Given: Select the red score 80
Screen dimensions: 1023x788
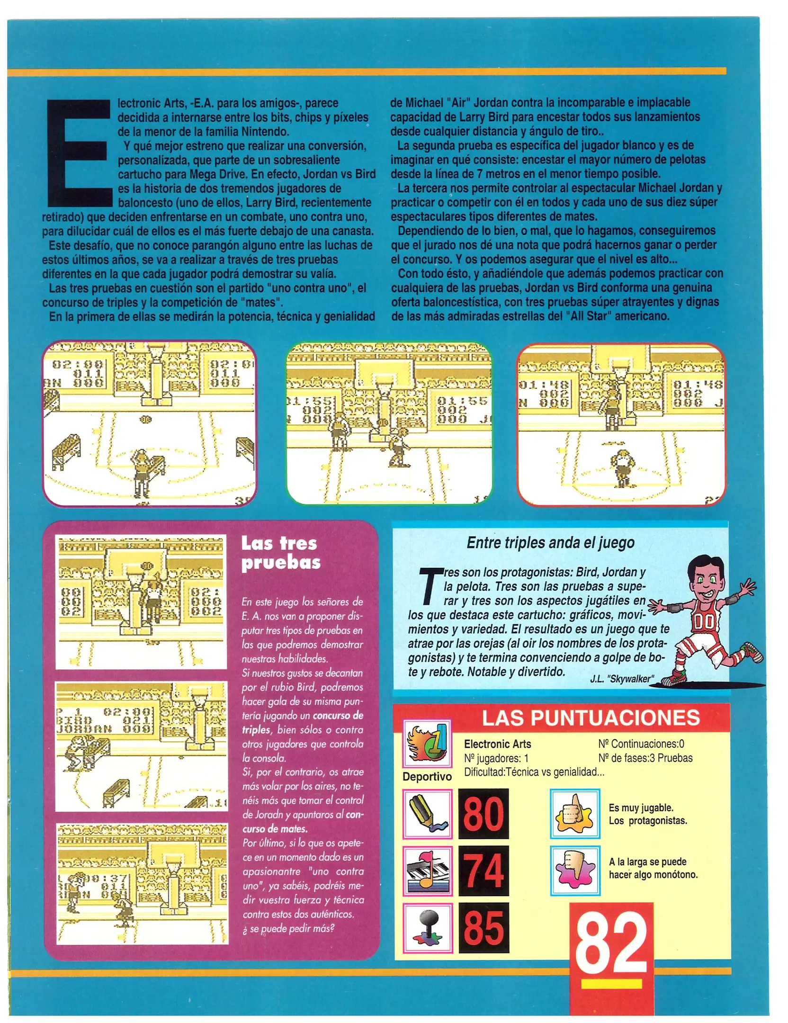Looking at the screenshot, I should pos(483,813).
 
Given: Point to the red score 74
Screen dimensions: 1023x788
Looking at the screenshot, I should pos(483,870).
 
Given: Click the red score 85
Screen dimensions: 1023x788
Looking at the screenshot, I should pos(483,927).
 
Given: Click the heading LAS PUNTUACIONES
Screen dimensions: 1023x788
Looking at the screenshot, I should pos(591,718).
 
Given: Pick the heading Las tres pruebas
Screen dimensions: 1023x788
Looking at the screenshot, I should pos(280,552).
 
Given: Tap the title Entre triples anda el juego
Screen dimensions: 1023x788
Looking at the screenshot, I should pos(550,542).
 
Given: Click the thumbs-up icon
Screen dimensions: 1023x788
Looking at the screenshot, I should pos(574,813).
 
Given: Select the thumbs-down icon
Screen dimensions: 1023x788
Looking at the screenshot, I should pos(574,870).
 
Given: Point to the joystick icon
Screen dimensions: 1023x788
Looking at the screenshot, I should pos(427,927).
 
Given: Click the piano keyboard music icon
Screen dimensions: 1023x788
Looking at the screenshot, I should pos(427,870).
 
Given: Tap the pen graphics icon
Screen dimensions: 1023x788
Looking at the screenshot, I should pos(427,813).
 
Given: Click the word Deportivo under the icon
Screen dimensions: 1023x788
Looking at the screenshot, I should pos(427,776).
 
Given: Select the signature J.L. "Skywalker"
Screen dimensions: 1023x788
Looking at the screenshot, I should pos(621,679).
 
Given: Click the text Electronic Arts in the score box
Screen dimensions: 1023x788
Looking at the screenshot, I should pos(497,744).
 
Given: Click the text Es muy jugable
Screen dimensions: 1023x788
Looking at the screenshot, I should pos(641,808).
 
